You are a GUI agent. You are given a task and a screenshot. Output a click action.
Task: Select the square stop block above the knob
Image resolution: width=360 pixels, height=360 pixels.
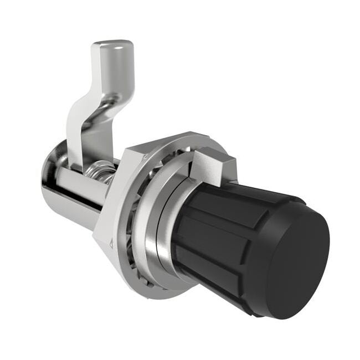coord(213,166)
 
